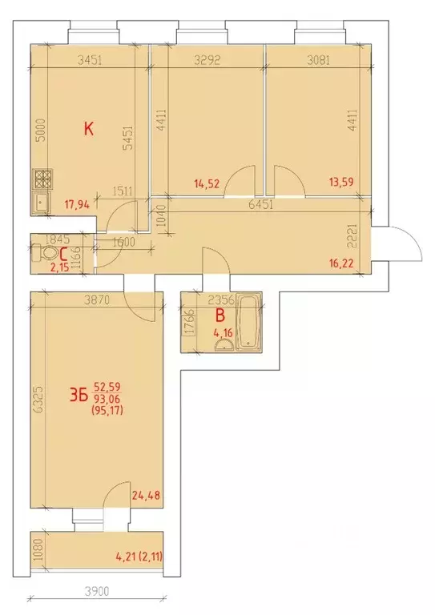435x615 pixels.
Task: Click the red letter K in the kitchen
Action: point(90,127)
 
